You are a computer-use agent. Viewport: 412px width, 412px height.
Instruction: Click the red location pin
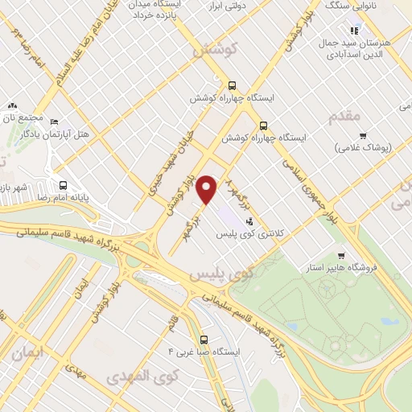[x=208, y=188]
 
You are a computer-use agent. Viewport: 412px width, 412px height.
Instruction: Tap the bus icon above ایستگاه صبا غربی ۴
[x=204, y=339]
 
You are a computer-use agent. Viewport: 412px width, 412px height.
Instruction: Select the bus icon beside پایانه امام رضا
[x=64, y=184]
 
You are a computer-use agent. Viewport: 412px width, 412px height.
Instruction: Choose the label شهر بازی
[x=15, y=187]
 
